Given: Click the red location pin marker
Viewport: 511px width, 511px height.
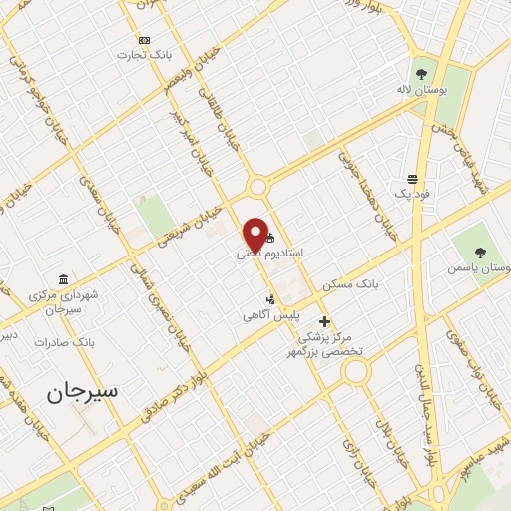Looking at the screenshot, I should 255,233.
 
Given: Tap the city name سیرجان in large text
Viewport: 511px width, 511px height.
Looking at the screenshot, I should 81,391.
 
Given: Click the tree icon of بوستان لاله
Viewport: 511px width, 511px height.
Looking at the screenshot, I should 420,73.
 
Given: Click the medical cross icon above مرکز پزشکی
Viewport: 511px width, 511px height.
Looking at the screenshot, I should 324,320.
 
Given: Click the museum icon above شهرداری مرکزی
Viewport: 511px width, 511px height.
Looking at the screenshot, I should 64,278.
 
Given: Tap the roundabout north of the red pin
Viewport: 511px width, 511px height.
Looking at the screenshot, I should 258,186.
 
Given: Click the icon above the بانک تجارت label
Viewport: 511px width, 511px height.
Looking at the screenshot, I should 145,40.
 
